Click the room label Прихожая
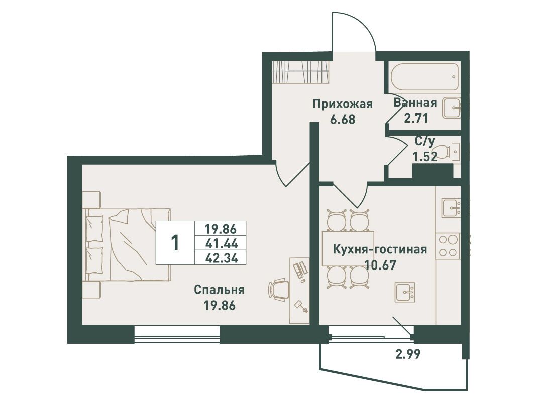pyautogui.click(x=343, y=104)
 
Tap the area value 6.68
pyautogui.click(x=342, y=120)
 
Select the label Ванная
pyautogui.click(x=415, y=102)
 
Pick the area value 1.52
pyautogui.click(x=424, y=157)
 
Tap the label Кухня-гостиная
pyautogui.click(x=380, y=249)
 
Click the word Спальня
pyautogui.click(x=219, y=290)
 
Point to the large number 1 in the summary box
pyautogui.click(x=175, y=243)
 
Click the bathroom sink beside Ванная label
pyautogui.click(x=452, y=108)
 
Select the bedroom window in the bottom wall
pyautogui.click(x=177, y=335)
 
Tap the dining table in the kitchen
pyautogui.click(x=348, y=249)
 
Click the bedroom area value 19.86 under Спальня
pyautogui.click(x=220, y=305)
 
